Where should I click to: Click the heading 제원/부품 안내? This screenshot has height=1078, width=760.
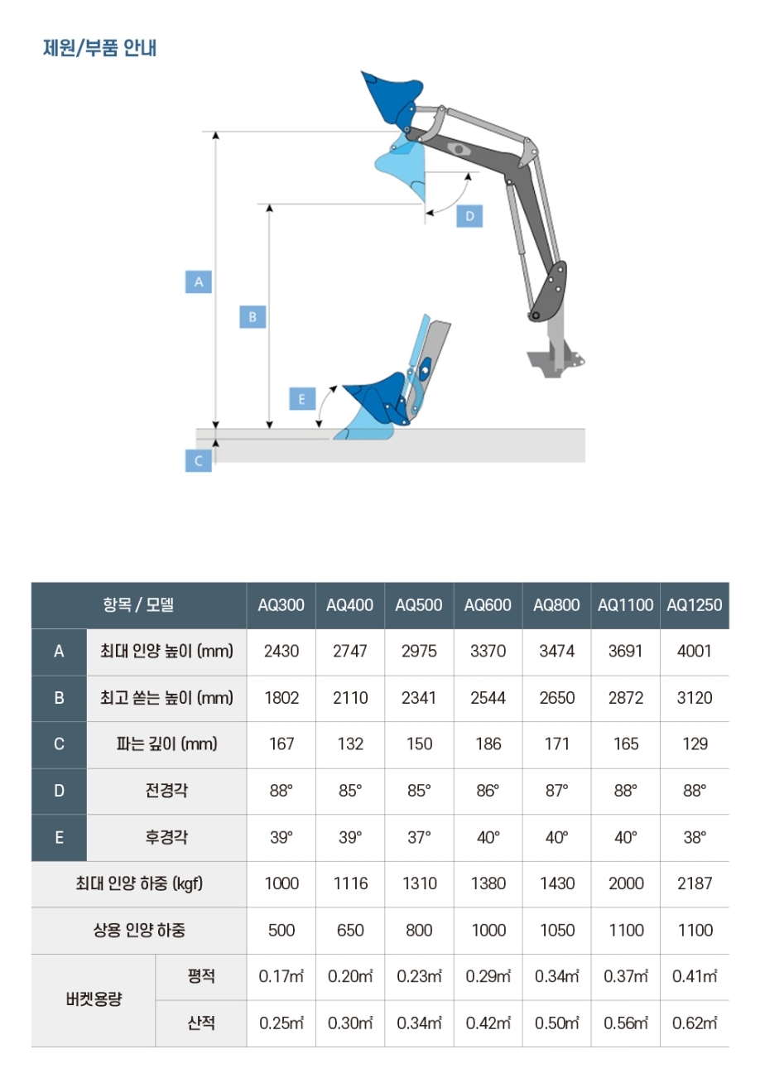99,48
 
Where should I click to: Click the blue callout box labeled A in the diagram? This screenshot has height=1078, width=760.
199,282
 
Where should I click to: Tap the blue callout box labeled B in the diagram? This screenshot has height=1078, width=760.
253,316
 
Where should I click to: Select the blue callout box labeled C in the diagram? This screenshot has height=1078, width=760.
199,460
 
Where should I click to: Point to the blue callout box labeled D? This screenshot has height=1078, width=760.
469,216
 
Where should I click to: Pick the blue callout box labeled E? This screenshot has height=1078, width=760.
302,399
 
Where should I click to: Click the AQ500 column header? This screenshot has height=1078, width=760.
419,605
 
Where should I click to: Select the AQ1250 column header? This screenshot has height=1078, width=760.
695,605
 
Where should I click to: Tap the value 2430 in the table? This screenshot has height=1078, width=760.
281,651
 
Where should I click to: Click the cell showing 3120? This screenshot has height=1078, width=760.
695,698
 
